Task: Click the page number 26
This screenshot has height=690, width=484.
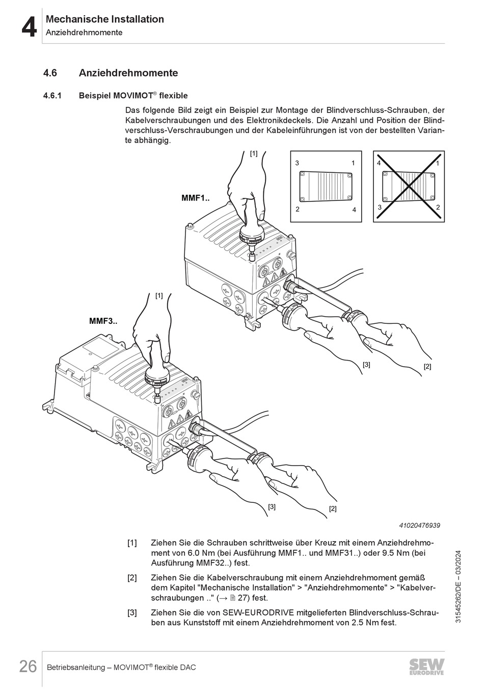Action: (x=28, y=666)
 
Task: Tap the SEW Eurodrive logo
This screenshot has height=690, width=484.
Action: (x=426, y=667)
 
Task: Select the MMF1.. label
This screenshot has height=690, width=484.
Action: (x=196, y=198)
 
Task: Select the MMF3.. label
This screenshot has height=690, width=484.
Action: (x=103, y=321)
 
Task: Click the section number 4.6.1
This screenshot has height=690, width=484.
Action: (x=52, y=95)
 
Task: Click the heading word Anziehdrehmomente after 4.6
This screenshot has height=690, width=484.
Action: (x=128, y=73)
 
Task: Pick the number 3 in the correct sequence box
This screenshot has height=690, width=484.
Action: (x=297, y=163)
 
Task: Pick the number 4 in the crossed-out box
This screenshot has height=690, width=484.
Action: (x=379, y=163)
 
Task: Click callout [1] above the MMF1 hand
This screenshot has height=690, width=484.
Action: (x=254, y=153)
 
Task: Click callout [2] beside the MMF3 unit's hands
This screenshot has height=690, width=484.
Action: (x=333, y=508)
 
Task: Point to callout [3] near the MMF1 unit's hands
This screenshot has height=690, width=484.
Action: (x=366, y=364)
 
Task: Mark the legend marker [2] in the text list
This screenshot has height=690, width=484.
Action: (x=132, y=578)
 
